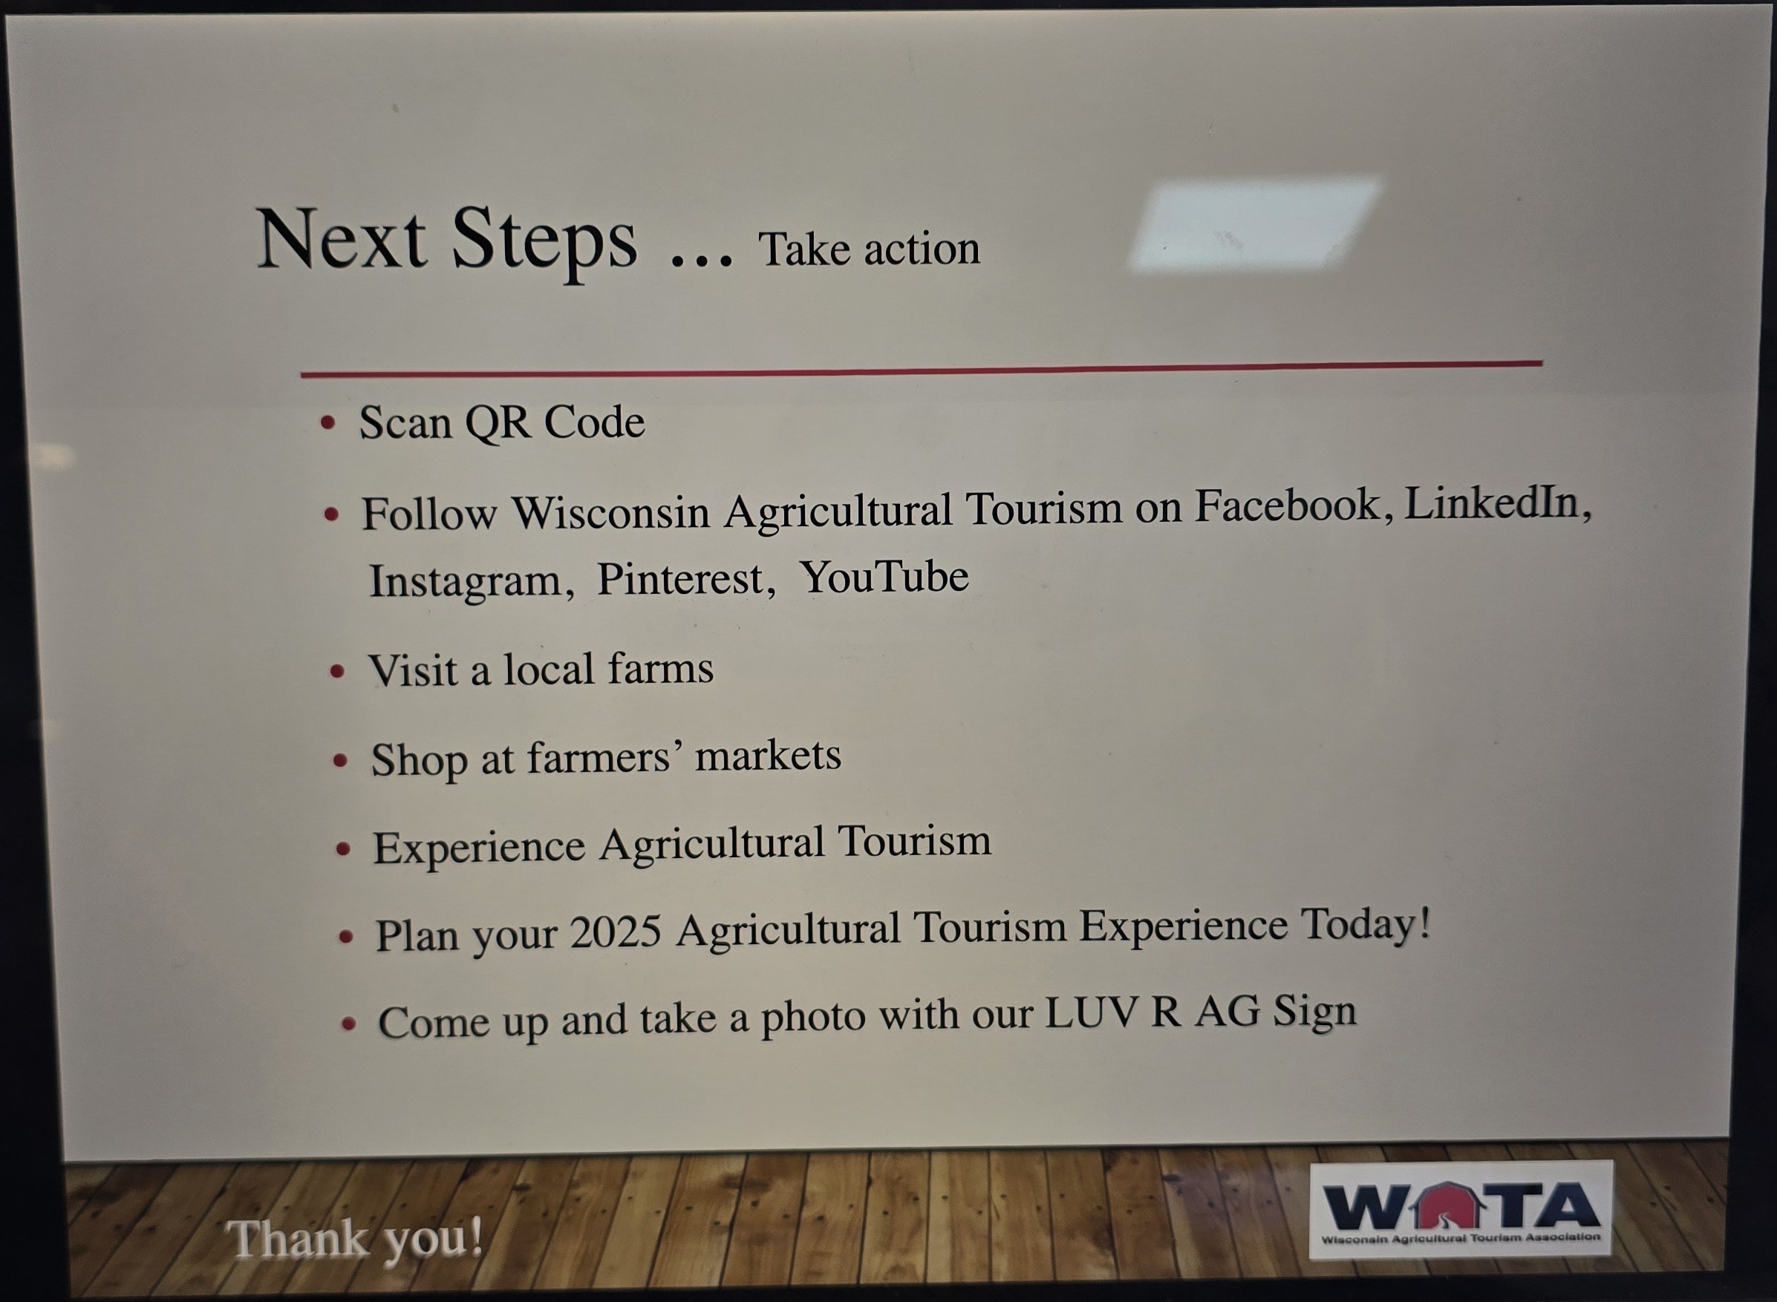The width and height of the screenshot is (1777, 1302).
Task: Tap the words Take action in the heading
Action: [869, 249]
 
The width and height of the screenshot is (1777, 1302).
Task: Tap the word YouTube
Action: [884, 576]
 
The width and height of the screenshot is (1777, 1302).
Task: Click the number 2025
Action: [616, 932]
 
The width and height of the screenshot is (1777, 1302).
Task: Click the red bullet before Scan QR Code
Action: [329, 423]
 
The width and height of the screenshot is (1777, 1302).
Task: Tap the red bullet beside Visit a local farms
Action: [337, 673]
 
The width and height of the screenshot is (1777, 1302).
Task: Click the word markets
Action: [768, 756]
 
